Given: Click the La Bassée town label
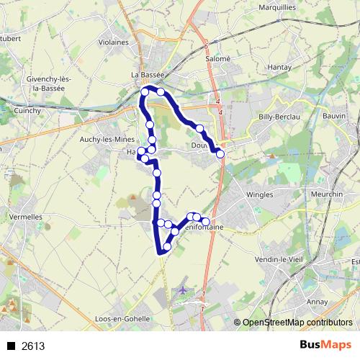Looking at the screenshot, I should (148, 74).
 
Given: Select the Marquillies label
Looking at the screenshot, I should (279, 8).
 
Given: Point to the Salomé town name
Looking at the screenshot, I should (216, 58).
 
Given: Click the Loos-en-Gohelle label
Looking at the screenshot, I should (122, 318).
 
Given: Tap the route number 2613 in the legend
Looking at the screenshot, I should (33, 346).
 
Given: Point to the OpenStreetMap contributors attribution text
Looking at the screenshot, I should (297, 323).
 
